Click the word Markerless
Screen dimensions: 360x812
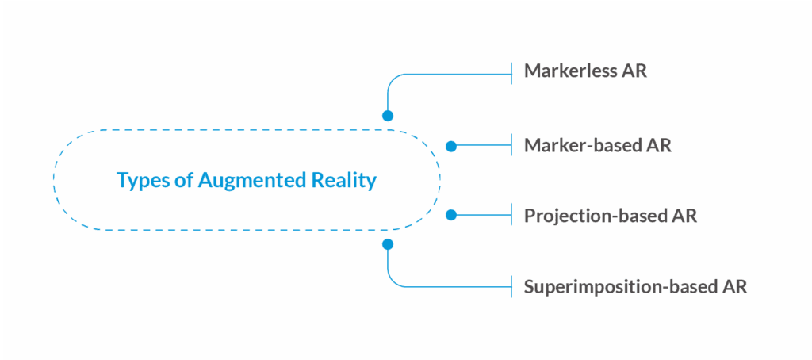pyautogui.click(x=573, y=71)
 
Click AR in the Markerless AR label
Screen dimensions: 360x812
pyautogui.click(x=636, y=71)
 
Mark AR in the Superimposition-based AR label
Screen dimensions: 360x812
pyautogui.click(x=734, y=285)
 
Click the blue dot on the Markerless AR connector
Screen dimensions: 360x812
pyautogui.click(x=388, y=116)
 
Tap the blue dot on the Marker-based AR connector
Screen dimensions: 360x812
pyautogui.click(x=451, y=147)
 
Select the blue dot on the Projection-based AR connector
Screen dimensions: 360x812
pyautogui.click(x=451, y=215)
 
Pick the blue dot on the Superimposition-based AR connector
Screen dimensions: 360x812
pyautogui.click(x=388, y=244)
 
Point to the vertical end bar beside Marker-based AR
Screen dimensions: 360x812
pyautogui.click(x=513, y=147)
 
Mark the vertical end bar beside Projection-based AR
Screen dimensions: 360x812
pyautogui.click(x=513, y=215)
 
